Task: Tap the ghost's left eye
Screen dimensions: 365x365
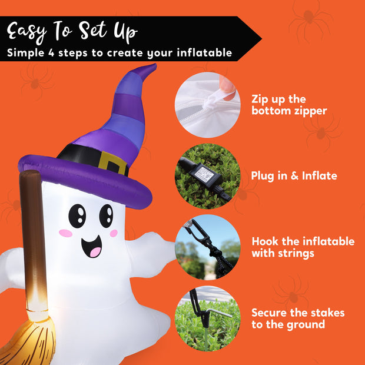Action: tap(77, 215)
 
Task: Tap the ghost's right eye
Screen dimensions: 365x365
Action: tap(106, 216)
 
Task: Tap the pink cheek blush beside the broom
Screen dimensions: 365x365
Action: tap(66, 233)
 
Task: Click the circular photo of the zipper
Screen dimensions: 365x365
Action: tap(207, 106)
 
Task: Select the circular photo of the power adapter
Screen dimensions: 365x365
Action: tap(207, 175)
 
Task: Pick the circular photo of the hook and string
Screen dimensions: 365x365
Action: tap(207, 247)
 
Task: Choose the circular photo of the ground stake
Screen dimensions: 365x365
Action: tap(207, 318)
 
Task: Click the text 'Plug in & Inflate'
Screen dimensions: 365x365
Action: tap(294, 176)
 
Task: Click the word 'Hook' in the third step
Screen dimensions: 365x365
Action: tap(266, 241)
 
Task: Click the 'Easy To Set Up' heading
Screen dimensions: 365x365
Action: tap(73, 31)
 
